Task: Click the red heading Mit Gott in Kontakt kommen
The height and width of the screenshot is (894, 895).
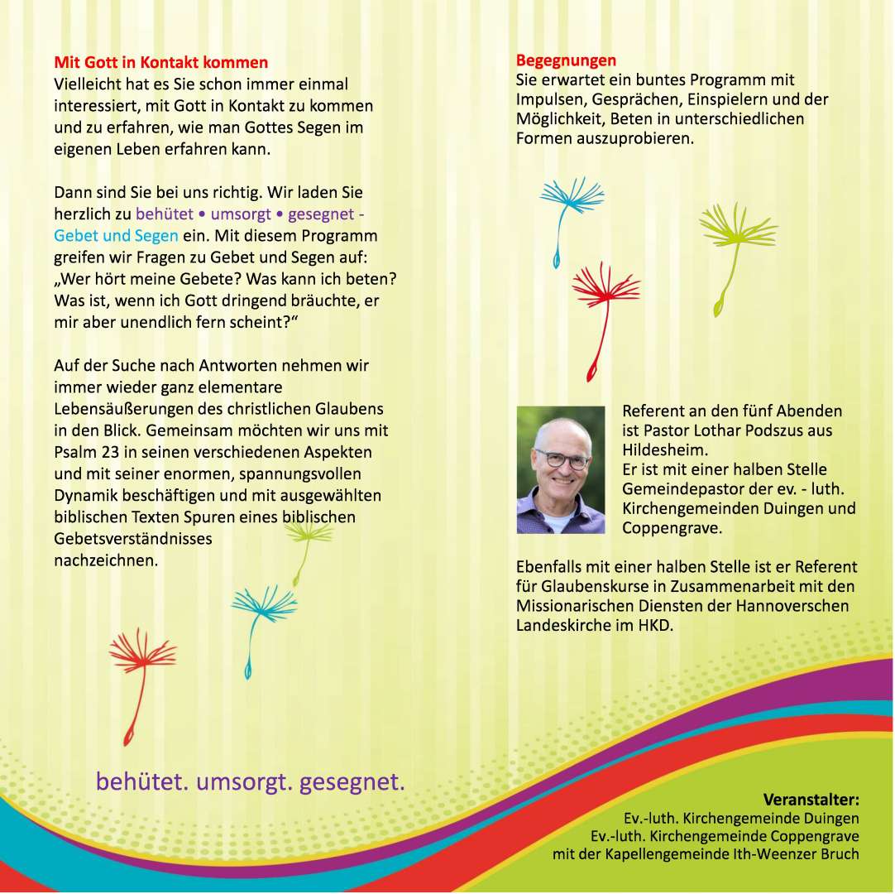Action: pyautogui.click(x=160, y=63)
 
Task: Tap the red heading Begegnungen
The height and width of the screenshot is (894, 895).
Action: pyautogui.click(x=566, y=60)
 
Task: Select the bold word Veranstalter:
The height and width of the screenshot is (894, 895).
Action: pyautogui.click(x=811, y=800)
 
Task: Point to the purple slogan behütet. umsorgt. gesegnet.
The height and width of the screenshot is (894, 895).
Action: pyautogui.click(x=251, y=781)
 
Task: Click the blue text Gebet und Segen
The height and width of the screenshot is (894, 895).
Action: pyautogui.click(x=116, y=235)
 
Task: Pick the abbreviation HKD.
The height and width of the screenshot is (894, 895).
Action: pyautogui.click(x=654, y=626)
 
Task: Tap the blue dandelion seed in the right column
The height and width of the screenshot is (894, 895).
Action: pyautogui.click(x=569, y=207)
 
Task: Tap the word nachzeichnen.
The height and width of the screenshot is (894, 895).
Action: pyautogui.click(x=105, y=560)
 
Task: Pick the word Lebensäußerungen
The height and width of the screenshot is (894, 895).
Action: pyautogui.click(x=118, y=409)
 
